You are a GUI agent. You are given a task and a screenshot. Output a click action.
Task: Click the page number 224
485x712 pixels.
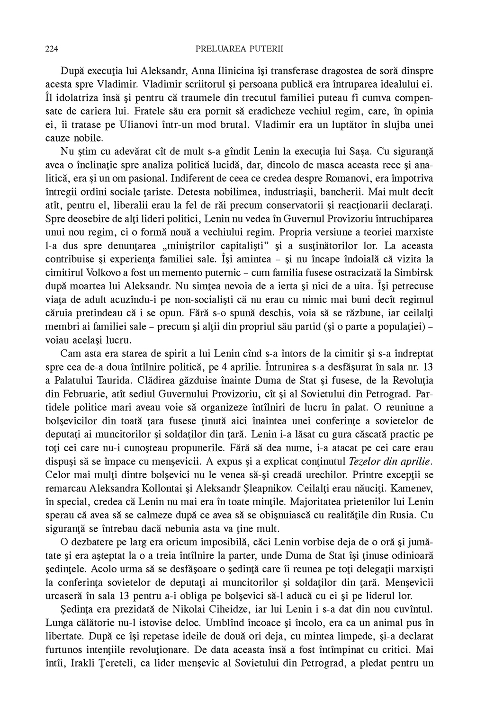coord(52,49)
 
